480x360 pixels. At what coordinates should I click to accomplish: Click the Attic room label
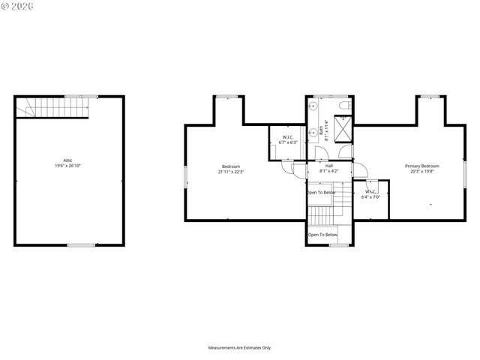[67, 160]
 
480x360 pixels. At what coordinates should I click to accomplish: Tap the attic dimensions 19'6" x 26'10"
[67, 166]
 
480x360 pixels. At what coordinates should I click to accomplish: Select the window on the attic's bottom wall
[81, 244]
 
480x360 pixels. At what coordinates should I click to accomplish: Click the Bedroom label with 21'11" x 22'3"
[230, 166]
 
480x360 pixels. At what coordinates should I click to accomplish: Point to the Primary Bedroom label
[422, 166]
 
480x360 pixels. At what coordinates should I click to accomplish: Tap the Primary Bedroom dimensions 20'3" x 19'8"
[422, 171]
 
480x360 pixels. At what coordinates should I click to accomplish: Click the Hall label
[329, 166]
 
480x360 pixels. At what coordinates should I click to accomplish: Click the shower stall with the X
[343, 130]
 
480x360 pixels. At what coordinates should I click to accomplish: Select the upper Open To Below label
[321, 193]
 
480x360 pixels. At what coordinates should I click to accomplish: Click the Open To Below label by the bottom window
[322, 235]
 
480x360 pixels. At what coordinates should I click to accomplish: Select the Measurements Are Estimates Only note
[240, 348]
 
